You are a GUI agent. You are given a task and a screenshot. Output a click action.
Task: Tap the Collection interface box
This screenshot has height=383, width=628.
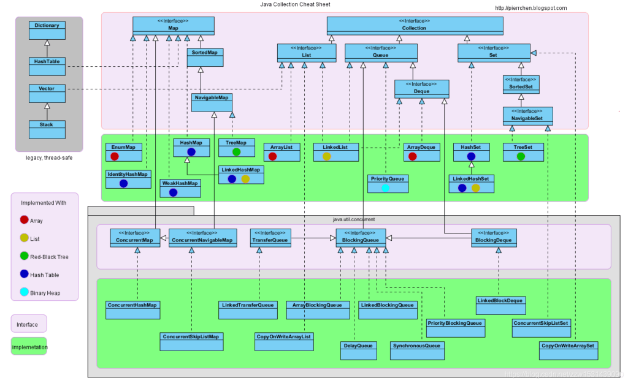[415, 25]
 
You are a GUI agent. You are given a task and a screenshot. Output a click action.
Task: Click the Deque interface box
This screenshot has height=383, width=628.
[422, 88]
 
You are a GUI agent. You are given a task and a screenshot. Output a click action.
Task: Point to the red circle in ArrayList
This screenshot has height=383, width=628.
[272, 156]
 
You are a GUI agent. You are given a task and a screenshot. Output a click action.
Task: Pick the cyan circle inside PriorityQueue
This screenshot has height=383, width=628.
[386, 188]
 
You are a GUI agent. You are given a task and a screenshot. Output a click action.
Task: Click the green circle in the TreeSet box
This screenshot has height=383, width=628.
[521, 156]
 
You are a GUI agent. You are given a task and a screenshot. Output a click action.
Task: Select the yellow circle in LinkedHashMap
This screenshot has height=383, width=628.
[245, 179]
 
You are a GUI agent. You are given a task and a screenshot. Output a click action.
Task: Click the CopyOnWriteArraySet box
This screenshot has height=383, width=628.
[569, 351]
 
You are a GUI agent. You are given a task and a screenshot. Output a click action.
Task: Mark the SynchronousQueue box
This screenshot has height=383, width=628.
[417, 351]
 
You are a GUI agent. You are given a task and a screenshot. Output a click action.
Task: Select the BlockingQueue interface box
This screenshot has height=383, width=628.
[361, 237]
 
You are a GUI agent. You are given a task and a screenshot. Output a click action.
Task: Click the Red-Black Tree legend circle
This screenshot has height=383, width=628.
[24, 257]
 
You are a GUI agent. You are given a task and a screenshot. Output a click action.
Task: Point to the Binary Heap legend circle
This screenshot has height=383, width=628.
[24, 293]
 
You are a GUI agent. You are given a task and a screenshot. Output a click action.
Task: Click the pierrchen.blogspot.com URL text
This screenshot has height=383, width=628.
[530, 8]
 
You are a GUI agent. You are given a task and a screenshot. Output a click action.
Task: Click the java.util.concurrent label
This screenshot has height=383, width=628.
[353, 219]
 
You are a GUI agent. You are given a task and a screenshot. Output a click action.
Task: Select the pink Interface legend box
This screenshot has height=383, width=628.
[29, 324]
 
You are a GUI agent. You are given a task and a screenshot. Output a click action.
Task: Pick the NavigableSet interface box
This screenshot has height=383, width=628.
[528, 115]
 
